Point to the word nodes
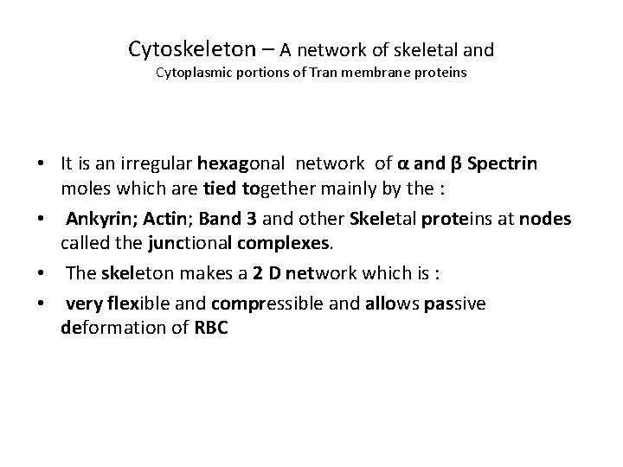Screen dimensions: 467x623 pyautogui.click(x=546, y=219)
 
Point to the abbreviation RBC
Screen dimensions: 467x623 pyautogui.click(x=207, y=329)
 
